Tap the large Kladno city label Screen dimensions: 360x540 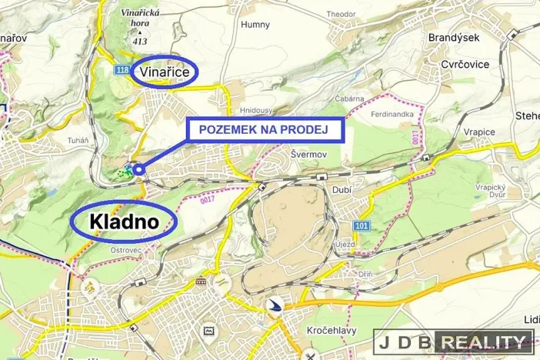124,222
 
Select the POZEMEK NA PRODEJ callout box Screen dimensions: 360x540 264,130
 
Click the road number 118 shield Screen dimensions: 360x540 121,70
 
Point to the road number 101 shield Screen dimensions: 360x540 362,225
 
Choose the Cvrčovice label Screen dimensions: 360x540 465,65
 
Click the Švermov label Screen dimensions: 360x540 310,153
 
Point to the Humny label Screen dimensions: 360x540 255,25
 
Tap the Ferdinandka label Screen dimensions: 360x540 392,115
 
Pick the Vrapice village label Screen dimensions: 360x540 478,132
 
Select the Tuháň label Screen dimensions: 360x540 77,140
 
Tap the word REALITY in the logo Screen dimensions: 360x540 484,340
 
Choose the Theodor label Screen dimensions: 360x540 341,14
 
